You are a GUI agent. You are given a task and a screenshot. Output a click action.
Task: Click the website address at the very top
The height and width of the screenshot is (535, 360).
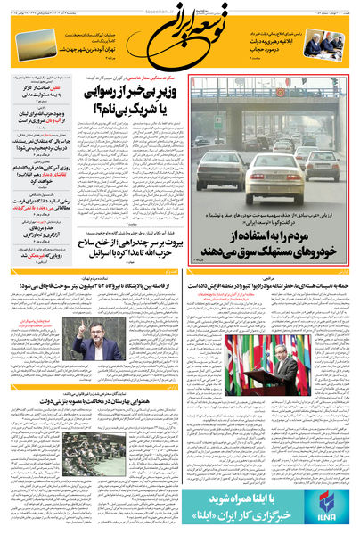pyautogui.click(x=178, y=4)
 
